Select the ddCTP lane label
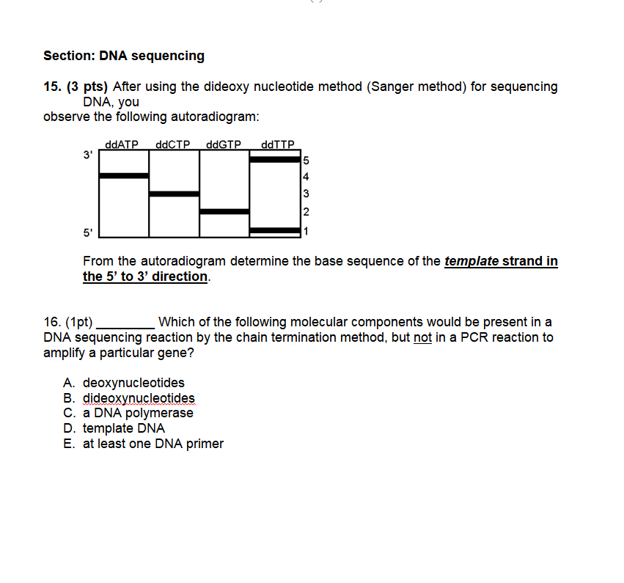click(x=174, y=144)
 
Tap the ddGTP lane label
click(x=224, y=144)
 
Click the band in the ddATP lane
click(x=124, y=176)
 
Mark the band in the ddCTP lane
click(x=174, y=194)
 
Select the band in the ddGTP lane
click(x=224, y=212)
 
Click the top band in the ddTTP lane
click(x=275, y=159)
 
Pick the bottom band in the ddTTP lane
click(x=275, y=230)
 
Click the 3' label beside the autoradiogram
click(x=87, y=155)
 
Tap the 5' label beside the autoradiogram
click(x=87, y=233)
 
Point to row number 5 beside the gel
click(x=307, y=160)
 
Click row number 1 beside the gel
click(x=307, y=231)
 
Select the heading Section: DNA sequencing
click(x=124, y=56)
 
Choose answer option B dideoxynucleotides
click(x=138, y=398)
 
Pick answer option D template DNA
click(x=123, y=428)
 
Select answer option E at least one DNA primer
click(x=153, y=444)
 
